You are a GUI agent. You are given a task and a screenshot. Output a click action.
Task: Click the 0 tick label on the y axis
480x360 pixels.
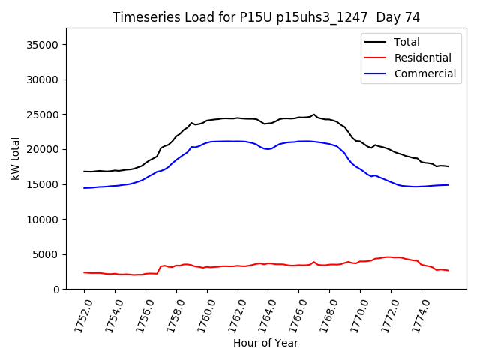pos(57,289)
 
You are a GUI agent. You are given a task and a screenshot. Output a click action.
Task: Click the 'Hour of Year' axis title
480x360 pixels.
pos(265,343)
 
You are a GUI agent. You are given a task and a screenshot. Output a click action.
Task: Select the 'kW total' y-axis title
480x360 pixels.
pos(14,158)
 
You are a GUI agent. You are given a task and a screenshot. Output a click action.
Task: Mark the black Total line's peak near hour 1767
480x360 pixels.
pos(314,115)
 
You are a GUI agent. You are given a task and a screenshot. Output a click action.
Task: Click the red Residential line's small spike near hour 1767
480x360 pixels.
pos(314,262)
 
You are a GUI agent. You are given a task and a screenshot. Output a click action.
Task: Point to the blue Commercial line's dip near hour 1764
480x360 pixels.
pos(268,149)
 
